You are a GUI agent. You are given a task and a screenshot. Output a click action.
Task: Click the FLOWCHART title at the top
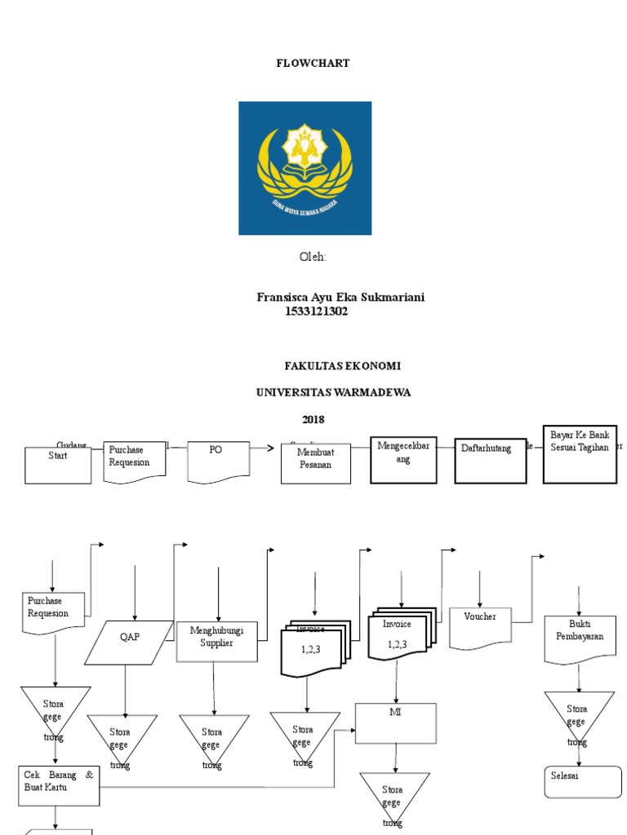pyautogui.click(x=313, y=63)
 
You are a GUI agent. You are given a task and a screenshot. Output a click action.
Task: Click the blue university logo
pyautogui.click(x=305, y=168)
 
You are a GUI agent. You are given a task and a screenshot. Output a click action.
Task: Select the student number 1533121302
pyautogui.click(x=316, y=311)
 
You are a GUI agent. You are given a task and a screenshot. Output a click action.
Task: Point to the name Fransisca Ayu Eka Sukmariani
pyautogui.click(x=340, y=297)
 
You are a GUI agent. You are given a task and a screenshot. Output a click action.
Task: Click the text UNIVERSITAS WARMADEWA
pyautogui.click(x=333, y=392)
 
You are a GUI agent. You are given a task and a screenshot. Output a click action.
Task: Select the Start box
pyautogui.click(x=58, y=465)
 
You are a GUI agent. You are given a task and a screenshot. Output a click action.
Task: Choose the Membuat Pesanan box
pyautogui.click(x=315, y=463)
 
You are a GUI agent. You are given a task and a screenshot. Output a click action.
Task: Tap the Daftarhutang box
pyautogui.click(x=490, y=461)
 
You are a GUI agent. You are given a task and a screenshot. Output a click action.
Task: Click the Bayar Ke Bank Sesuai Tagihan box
pyautogui.click(x=580, y=454)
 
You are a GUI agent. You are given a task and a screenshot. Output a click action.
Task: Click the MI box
pyautogui.click(x=396, y=722)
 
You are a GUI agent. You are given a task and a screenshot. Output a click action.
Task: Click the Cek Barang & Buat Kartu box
pyautogui.click(x=59, y=785)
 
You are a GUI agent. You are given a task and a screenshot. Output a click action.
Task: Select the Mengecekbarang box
pyautogui.click(x=404, y=461)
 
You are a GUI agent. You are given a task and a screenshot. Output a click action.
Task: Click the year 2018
pyautogui.click(x=313, y=419)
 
